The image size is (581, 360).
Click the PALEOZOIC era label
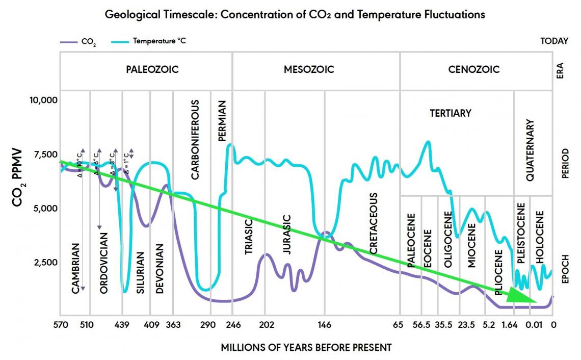pyautogui.click(x=152, y=69)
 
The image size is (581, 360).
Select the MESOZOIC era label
pyautogui.click(x=309, y=69)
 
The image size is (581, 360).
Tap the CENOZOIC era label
pyautogui.click(x=474, y=69)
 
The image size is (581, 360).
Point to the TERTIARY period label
pyautogui.click(x=450, y=113)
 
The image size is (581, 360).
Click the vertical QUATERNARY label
pyautogui.click(x=530, y=150)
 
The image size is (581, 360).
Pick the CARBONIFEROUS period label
pyautogui.click(x=195, y=139)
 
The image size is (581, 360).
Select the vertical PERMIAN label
pyautogui.click(x=222, y=120)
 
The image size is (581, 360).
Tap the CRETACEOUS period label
pyautogui.click(x=374, y=223)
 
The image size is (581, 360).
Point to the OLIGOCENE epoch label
pyautogui.click(x=448, y=239)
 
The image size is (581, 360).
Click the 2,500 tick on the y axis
pyautogui.click(x=46, y=262)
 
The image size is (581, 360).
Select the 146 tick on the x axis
pyautogui.click(x=325, y=324)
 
